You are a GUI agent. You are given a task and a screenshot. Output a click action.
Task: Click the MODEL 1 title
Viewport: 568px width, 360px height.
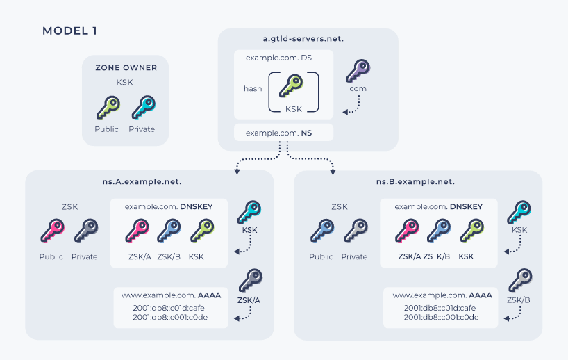click(x=69, y=31)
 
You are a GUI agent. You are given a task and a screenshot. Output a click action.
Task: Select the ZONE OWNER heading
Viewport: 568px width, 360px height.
click(x=126, y=68)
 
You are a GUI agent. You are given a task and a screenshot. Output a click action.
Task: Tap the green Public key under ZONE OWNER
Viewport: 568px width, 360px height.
click(x=108, y=107)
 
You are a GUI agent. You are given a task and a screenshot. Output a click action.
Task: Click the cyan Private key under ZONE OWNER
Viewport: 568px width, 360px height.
click(x=144, y=107)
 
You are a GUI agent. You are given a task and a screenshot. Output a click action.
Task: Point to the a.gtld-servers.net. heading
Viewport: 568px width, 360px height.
click(x=303, y=39)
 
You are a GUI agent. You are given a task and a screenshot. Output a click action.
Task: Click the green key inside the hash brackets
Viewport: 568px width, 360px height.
click(x=291, y=85)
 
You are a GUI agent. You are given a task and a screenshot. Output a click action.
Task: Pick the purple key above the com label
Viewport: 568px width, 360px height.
click(x=358, y=71)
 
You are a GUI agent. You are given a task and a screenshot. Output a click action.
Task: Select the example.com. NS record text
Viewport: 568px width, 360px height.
click(x=278, y=133)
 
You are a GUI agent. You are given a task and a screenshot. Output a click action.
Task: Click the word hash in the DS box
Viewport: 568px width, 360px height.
click(x=253, y=88)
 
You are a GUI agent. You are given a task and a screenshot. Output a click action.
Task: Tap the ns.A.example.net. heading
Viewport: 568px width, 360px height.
click(x=142, y=181)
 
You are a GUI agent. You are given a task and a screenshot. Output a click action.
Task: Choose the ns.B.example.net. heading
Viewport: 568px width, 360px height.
click(x=415, y=181)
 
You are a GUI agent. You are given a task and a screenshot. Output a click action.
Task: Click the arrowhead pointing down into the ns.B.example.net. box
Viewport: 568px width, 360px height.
click(x=333, y=172)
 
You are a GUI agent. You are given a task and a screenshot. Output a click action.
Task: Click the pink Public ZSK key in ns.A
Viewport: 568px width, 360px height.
click(x=52, y=231)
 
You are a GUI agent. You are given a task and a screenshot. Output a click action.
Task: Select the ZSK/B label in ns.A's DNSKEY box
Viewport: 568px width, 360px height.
click(x=169, y=256)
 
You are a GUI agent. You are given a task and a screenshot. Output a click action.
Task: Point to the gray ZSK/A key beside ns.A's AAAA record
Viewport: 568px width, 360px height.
click(x=251, y=280)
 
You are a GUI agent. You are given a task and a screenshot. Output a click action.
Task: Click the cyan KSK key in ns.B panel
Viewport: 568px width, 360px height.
click(x=519, y=212)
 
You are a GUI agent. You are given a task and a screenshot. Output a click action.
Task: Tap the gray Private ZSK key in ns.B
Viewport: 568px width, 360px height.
click(x=356, y=231)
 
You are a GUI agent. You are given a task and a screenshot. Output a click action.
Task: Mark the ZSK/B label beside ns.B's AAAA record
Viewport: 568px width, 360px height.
click(x=519, y=300)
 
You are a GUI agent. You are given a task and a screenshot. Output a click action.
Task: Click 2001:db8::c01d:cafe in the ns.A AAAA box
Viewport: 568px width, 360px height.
click(x=169, y=308)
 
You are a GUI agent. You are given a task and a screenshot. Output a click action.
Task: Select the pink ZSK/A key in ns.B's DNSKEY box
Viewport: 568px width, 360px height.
click(x=407, y=231)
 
